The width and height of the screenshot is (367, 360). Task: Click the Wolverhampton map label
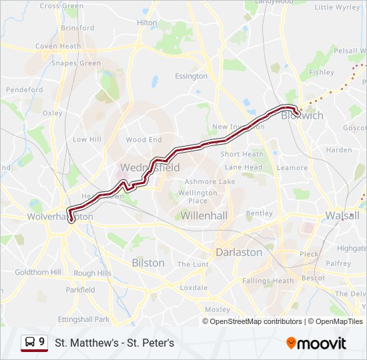60,217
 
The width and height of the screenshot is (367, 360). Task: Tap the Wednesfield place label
149,167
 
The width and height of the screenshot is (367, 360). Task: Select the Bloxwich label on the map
302,115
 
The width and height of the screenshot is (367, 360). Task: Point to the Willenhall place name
205,215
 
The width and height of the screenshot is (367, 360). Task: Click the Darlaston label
239,252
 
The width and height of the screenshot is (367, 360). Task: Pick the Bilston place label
148,263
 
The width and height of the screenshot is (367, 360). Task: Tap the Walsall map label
342,215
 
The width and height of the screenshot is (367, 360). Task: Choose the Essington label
192,76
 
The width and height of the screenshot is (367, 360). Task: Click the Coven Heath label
58,47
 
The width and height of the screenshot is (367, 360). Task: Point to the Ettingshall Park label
83,319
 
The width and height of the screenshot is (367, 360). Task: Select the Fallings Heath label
268,281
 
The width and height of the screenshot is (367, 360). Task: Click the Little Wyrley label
337,7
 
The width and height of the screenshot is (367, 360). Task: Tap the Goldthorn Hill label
38,272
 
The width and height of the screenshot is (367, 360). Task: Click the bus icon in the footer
30,343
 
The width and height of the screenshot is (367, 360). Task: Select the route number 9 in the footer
42,342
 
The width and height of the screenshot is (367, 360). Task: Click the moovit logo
316,343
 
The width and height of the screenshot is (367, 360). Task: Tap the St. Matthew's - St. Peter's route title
114,343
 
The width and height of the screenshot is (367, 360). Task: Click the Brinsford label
77,28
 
